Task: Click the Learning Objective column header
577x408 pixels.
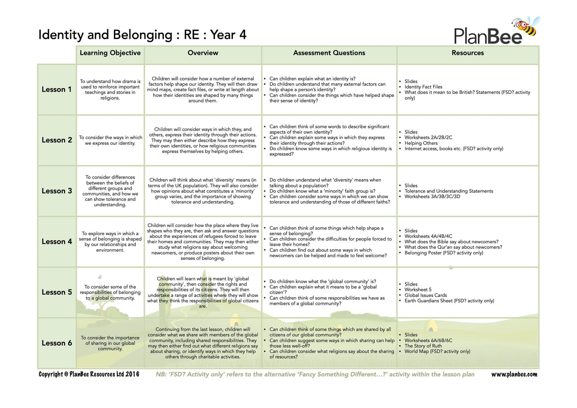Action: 110,53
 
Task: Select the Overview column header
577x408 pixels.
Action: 203,53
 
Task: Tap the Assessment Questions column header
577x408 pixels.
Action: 329,53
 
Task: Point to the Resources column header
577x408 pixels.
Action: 467,53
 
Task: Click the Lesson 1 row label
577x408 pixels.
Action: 57,89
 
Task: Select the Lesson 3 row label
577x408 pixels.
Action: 57,191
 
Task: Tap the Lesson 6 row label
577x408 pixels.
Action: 57,343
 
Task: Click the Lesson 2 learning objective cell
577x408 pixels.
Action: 110,140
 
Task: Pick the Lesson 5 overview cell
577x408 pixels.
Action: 203,292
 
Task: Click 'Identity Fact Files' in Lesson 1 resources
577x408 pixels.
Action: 423,87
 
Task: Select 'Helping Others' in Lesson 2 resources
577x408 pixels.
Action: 421,143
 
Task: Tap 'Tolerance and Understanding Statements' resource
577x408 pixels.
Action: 449,191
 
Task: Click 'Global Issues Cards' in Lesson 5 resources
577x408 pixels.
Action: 425,295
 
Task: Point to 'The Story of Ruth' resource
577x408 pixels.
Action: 423,346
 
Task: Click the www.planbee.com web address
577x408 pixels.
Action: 514,375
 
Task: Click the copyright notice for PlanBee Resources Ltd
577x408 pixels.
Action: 89,375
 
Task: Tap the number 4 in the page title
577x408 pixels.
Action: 243,35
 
